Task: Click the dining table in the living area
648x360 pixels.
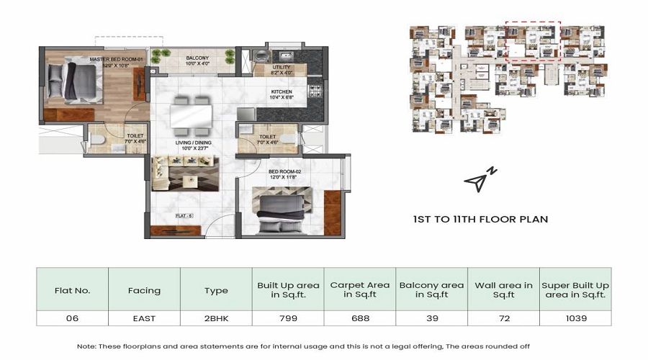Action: click(x=192, y=114)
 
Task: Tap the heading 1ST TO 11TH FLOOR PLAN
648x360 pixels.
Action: click(x=480, y=219)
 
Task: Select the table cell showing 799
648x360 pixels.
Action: click(x=287, y=318)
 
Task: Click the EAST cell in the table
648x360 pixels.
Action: click(x=144, y=318)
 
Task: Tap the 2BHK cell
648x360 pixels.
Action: click(x=215, y=318)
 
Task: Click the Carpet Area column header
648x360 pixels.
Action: click(x=359, y=290)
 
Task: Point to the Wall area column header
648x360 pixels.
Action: click(x=503, y=290)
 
